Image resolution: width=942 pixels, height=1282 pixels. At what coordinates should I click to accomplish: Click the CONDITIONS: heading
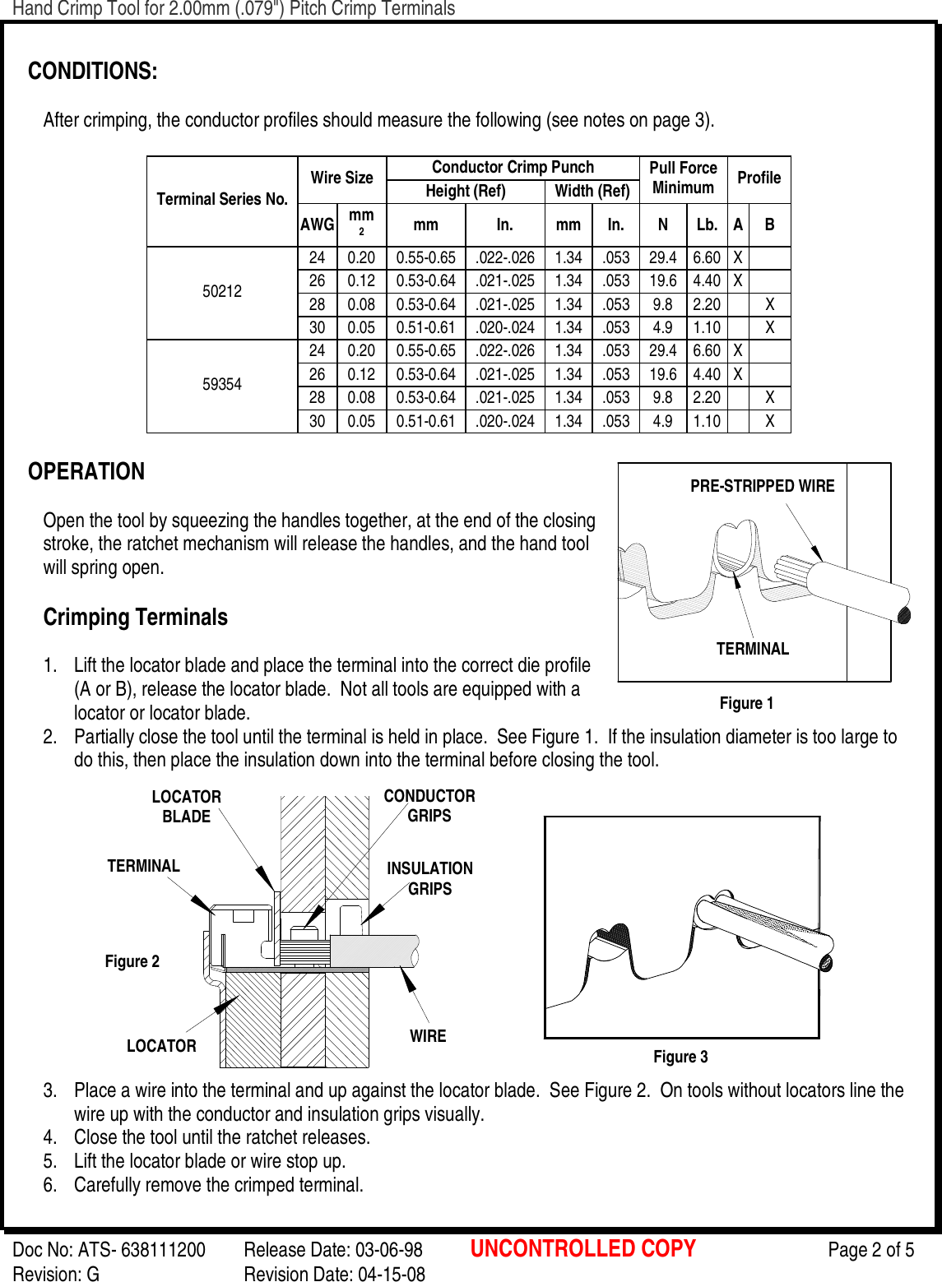pyautogui.click(x=92, y=72)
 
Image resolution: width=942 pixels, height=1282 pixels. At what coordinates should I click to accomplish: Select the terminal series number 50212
pyautogui.click(x=222, y=292)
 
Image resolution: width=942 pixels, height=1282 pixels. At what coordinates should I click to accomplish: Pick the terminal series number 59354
pyautogui.click(x=222, y=385)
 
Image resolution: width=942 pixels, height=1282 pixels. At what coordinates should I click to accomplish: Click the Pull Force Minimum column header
pyautogui.click(x=683, y=178)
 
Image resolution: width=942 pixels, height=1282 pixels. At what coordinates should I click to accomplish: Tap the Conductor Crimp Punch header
pyautogui.click(x=513, y=168)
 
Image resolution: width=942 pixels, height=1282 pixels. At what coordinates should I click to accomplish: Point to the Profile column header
pyautogui.click(x=759, y=178)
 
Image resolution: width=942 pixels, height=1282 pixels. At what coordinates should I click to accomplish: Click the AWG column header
pyautogui.click(x=317, y=224)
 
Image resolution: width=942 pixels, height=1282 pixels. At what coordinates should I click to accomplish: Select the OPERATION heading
pyautogui.click(x=86, y=472)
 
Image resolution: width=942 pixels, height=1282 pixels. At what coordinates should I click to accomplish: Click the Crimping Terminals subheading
pyautogui.click(x=136, y=618)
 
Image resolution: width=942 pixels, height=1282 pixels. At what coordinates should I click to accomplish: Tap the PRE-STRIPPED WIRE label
pyautogui.click(x=762, y=486)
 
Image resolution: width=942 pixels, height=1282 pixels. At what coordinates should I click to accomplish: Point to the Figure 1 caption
pyautogui.click(x=746, y=703)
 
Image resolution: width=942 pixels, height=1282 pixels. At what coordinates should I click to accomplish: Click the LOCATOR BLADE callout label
pyautogui.click(x=186, y=807)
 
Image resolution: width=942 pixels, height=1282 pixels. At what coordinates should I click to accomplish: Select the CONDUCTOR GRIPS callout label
pyautogui.click(x=429, y=806)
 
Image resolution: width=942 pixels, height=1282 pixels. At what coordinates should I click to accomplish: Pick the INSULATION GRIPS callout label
pyautogui.click(x=429, y=878)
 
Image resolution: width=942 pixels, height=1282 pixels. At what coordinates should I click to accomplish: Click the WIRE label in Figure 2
pyautogui.click(x=428, y=1036)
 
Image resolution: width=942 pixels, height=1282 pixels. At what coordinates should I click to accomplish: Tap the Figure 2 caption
pyautogui.click(x=132, y=961)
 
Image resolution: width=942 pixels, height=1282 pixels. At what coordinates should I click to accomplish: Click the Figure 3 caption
pyautogui.click(x=680, y=1057)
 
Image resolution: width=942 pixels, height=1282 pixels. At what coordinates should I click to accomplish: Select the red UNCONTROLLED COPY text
pyautogui.click(x=582, y=1249)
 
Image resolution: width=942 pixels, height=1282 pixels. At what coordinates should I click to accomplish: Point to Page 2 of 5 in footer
pyautogui.click(x=870, y=1250)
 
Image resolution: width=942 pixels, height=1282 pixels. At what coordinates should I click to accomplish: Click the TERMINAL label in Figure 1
pyautogui.click(x=752, y=649)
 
